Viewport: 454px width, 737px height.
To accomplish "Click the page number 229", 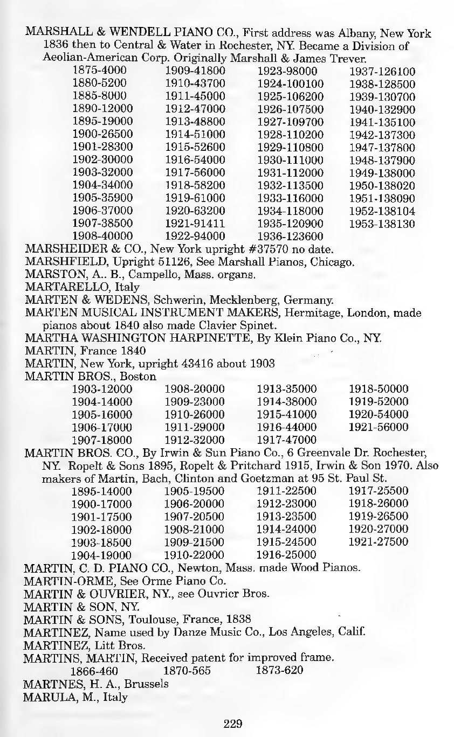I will coord(233,723).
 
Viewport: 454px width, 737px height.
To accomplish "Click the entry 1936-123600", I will coord(290,236).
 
